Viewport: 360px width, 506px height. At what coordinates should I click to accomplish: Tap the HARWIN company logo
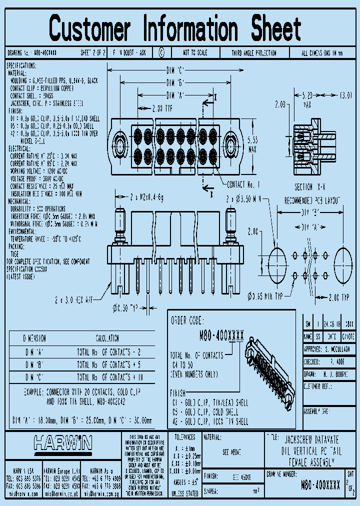point(62,442)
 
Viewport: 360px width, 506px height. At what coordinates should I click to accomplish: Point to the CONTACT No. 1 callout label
point(243,184)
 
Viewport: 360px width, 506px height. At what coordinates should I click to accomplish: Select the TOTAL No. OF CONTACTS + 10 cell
point(110,377)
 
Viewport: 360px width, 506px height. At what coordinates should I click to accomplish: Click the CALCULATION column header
point(107,338)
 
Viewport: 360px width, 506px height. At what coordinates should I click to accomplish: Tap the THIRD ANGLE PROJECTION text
point(254,52)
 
